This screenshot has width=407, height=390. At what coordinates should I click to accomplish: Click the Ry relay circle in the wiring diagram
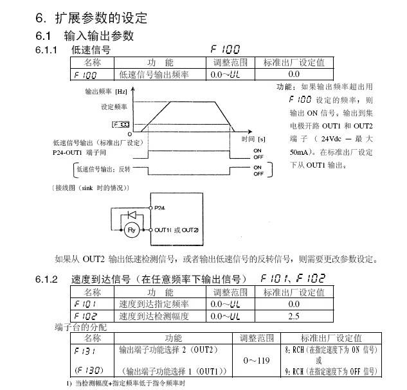click(131, 229)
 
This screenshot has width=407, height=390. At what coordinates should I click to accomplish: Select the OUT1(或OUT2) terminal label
click(177, 230)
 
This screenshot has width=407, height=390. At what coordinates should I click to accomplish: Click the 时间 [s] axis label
click(253, 138)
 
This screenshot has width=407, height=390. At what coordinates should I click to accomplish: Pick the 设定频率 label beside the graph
click(114, 106)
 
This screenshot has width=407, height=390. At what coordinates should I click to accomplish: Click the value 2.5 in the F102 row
click(294, 316)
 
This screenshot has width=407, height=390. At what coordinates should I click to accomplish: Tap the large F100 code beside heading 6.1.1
click(224, 49)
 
